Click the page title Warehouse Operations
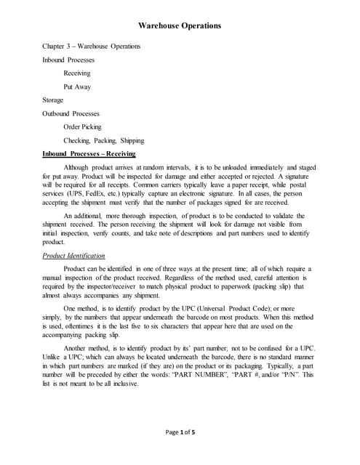180,26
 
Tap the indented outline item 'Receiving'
77,73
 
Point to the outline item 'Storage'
53,100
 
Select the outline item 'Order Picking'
83,126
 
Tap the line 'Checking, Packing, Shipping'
104,140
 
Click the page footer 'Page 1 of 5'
180,432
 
